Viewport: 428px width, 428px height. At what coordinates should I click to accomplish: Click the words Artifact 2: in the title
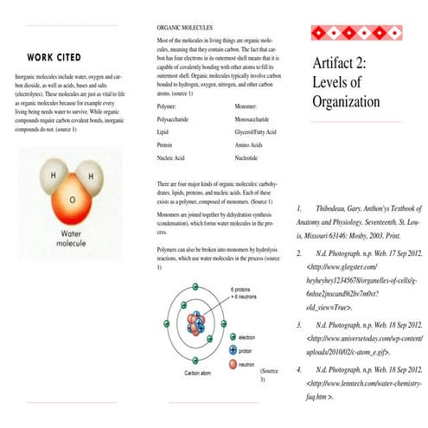(x=342, y=65)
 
